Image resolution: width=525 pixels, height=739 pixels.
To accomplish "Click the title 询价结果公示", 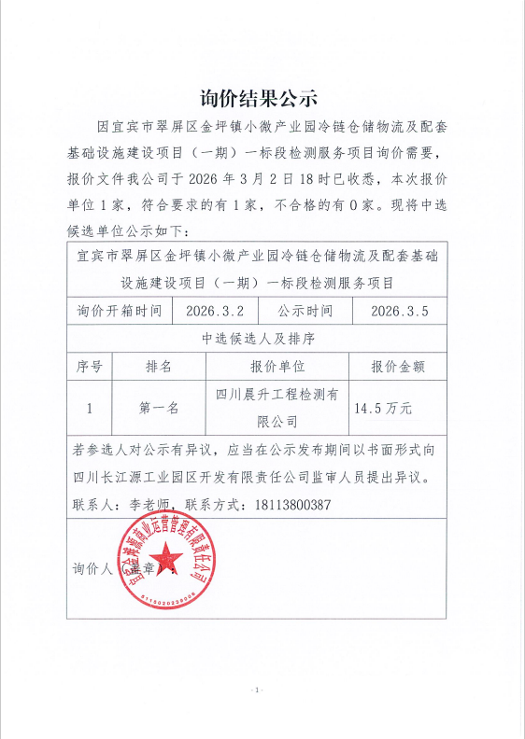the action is (x=261, y=97).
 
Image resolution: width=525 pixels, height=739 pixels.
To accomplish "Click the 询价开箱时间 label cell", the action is (x=119, y=311).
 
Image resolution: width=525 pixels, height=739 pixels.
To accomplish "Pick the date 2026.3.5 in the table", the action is (x=399, y=311).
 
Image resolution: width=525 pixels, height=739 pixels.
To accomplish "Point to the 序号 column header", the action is (x=89, y=366).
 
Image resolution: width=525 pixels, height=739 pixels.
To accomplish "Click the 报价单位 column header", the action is (x=278, y=366).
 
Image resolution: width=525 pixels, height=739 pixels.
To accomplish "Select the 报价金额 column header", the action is (x=399, y=366).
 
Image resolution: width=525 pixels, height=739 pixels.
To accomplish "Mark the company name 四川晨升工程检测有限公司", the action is (x=278, y=408).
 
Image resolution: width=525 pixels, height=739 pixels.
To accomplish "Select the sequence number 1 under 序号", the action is (x=89, y=408).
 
